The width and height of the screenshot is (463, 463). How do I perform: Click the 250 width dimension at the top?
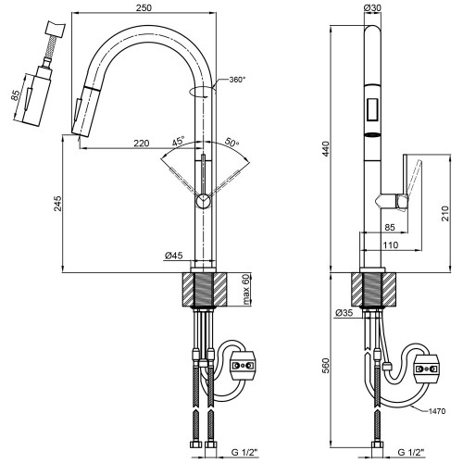(x=144, y=7)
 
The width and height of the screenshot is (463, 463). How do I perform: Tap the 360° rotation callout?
(x=237, y=80)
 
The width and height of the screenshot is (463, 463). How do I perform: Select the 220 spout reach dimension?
(x=142, y=144)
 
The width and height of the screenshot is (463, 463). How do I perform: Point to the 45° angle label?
(x=179, y=142)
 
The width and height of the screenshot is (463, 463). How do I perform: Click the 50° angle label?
(x=231, y=142)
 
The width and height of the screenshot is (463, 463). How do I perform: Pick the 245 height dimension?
(x=57, y=204)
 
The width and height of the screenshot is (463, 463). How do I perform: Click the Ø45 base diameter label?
(x=174, y=256)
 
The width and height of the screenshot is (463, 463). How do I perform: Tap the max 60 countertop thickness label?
(x=246, y=289)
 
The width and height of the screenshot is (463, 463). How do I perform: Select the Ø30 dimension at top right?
(x=372, y=8)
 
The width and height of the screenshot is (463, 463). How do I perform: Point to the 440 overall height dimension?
(x=326, y=148)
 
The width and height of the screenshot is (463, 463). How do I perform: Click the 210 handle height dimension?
(x=444, y=213)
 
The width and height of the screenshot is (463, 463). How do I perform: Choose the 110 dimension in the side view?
(x=391, y=245)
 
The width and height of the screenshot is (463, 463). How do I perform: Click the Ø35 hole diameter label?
(x=344, y=313)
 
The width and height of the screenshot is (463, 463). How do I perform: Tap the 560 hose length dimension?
(x=326, y=366)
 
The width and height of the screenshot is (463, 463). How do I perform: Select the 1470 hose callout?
(x=437, y=411)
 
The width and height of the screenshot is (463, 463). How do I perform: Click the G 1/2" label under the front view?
(x=244, y=453)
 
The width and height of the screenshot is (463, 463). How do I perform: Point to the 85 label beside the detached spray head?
(x=16, y=95)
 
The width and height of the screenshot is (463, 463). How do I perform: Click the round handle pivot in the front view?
(x=204, y=202)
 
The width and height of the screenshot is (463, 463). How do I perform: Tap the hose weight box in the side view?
(x=427, y=369)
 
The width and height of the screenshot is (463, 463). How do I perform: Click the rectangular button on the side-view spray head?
(x=373, y=108)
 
